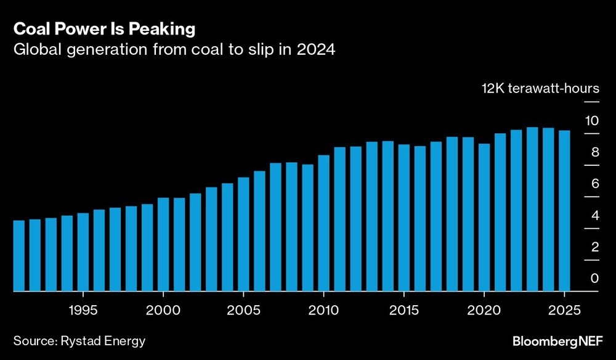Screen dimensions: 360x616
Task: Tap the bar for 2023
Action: (x=532, y=209)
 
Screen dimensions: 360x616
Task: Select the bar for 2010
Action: (x=324, y=223)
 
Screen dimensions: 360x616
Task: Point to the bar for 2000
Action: (x=163, y=244)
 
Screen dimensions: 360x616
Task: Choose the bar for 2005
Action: (x=243, y=234)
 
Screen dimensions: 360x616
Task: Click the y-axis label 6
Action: (x=594, y=184)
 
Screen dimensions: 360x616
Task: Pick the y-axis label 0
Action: (x=594, y=279)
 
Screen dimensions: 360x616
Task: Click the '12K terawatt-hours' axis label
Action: (x=540, y=88)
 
